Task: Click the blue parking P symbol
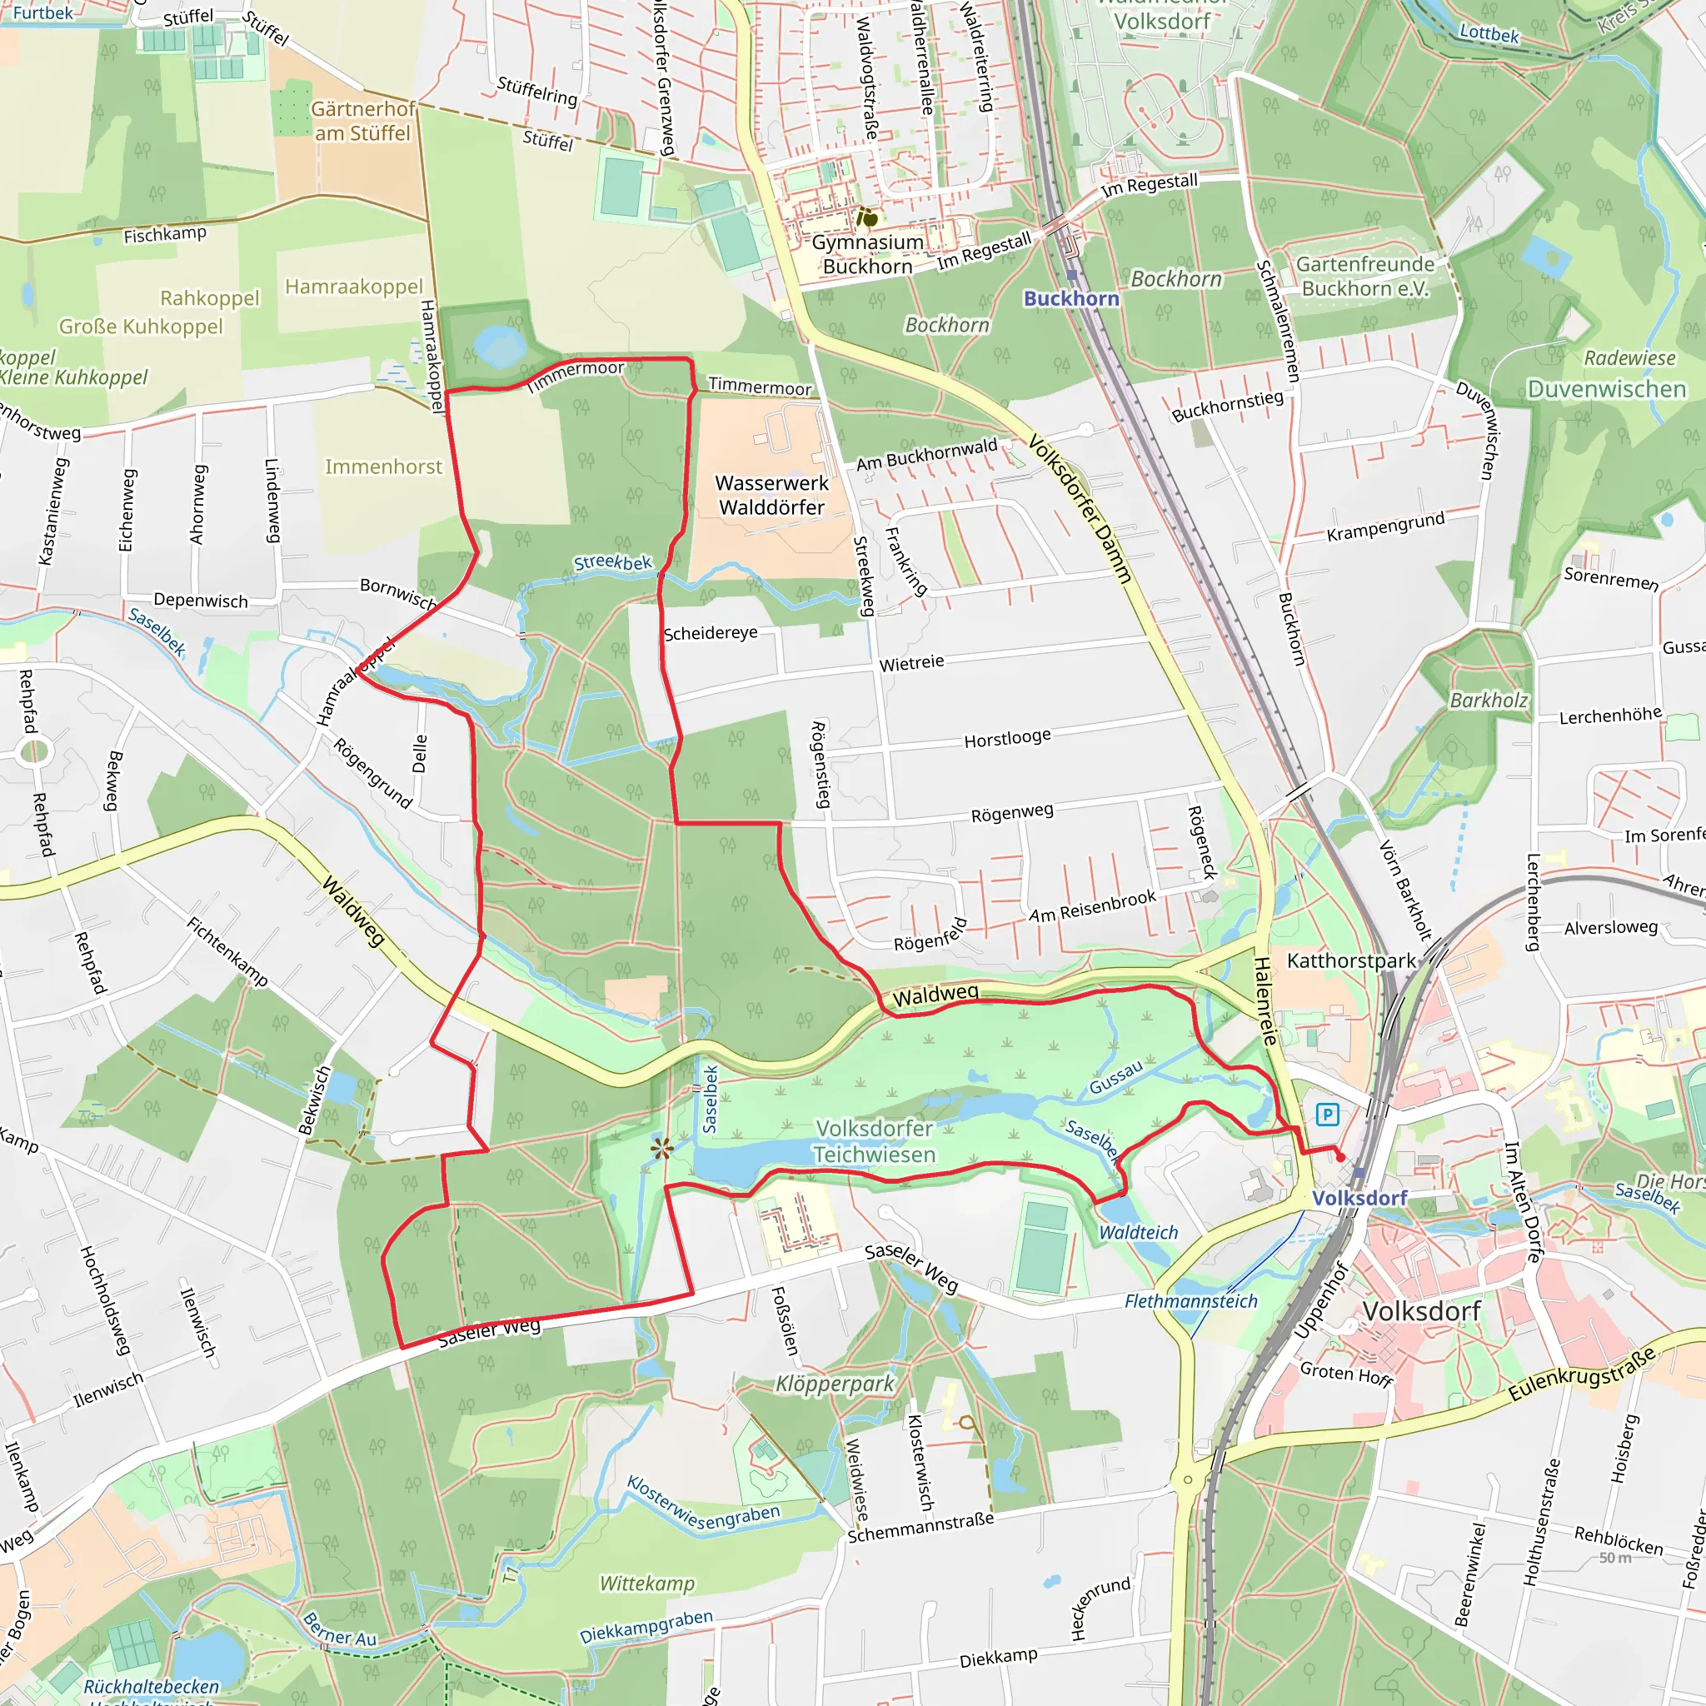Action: (x=1326, y=1115)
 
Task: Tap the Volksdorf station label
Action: (x=1359, y=1197)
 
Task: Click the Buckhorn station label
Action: (x=1071, y=298)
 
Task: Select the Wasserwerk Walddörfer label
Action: (x=771, y=496)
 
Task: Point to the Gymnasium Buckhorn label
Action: (x=867, y=254)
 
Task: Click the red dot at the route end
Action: (x=1340, y=1157)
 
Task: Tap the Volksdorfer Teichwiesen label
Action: (x=874, y=1141)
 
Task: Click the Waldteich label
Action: (x=1138, y=1232)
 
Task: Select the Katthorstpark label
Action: (x=1351, y=960)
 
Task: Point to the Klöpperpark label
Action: (x=835, y=1384)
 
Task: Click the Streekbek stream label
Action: (x=613, y=562)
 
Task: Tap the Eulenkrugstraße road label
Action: (x=1580, y=1374)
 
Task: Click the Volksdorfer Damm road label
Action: (x=1079, y=509)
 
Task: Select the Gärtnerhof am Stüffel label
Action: (x=363, y=121)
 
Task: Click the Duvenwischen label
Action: (x=1606, y=388)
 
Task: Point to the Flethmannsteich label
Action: (x=1190, y=1300)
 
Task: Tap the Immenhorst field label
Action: (x=383, y=466)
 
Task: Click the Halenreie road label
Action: (x=1265, y=1000)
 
